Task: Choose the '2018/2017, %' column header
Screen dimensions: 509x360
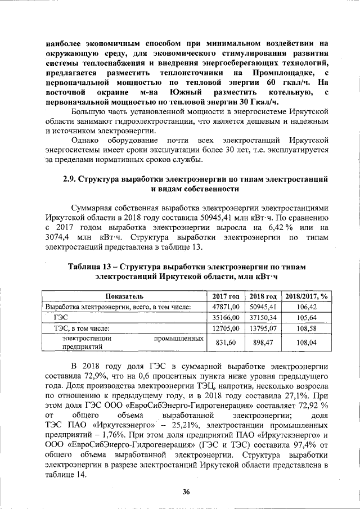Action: [307, 296]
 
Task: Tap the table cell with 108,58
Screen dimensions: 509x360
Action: [307, 328]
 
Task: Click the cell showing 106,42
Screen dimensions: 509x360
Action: [307, 307]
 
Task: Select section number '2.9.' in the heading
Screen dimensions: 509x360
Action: [69, 180]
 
